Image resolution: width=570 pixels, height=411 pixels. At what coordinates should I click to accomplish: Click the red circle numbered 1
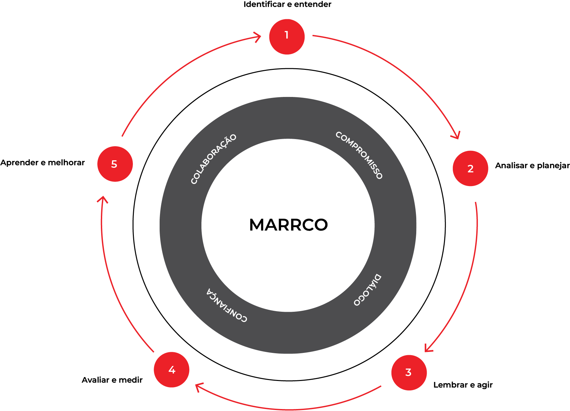tap(287, 37)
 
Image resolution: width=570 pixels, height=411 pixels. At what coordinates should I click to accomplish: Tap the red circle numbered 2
tap(470, 168)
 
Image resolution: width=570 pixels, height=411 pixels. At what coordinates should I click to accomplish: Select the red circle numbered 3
tap(409, 372)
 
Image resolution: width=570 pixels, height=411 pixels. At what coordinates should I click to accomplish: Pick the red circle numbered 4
tap(172, 370)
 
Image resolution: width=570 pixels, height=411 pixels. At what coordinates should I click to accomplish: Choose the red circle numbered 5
tap(115, 164)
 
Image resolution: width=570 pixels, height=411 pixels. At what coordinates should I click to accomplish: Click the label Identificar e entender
tap(287, 4)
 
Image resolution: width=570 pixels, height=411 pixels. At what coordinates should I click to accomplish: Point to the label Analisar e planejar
tap(532, 166)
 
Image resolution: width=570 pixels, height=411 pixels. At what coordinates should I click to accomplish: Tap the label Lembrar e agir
tap(463, 385)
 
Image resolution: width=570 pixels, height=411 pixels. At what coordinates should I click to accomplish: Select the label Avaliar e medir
tap(112, 380)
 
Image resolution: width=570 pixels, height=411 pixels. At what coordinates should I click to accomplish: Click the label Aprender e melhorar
tap(42, 162)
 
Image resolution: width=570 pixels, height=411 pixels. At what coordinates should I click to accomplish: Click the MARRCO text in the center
tap(288, 225)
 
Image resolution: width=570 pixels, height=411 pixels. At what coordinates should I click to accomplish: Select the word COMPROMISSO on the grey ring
tap(359, 155)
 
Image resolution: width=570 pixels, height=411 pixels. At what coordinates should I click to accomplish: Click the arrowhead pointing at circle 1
tap(258, 37)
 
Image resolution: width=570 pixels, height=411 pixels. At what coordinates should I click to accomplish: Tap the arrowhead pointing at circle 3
tap(428, 348)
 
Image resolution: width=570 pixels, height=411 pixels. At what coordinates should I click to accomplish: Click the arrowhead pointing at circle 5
tap(103, 199)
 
